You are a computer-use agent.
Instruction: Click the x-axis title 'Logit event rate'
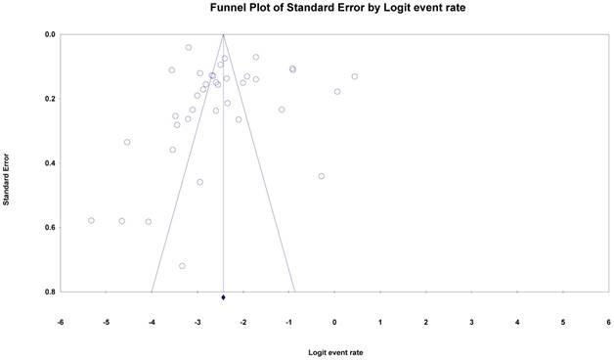point(335,352)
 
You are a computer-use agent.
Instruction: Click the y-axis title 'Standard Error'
point(6,179)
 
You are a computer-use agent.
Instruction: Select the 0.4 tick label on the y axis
point(51,163)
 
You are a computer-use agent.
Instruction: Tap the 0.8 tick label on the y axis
point(51,292)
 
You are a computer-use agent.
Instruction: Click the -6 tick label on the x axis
point(61,323)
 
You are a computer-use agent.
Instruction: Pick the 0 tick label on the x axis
point(334,323)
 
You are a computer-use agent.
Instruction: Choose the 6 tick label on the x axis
point(608,323)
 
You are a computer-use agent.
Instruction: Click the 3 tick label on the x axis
point(471,323)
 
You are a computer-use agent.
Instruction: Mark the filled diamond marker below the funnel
point(223,297)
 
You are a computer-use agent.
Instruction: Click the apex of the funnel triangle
point(223,34)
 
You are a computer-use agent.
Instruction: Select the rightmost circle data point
point(354,76)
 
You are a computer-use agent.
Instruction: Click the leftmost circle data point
point(91,220)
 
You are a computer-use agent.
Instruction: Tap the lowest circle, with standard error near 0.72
point(182,266)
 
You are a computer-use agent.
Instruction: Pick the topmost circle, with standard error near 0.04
point(189,47)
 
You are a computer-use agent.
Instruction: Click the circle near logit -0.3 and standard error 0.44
point(322,176)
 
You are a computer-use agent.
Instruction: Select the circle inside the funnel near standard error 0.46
point(199,182)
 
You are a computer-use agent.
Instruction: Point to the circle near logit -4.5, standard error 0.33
point(127,142)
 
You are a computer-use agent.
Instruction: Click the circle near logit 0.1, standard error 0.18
point(337,92)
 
